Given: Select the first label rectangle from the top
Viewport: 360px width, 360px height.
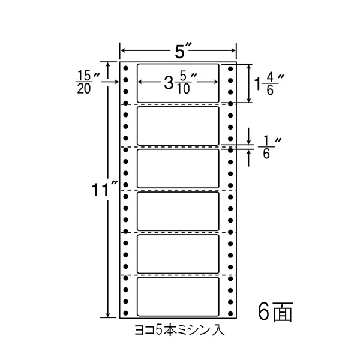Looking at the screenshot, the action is (x=178, y=82).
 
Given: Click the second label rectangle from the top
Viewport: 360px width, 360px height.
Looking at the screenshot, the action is (x=178, y=125).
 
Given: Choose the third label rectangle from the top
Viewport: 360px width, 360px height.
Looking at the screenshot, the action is (x=178, y=169).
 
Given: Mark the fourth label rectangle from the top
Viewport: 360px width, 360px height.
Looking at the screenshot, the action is (x=178, y=211).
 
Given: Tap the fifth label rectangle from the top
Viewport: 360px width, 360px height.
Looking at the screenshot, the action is (x=178, y=254).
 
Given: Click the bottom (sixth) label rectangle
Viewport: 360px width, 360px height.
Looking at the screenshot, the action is (x=178, y=296).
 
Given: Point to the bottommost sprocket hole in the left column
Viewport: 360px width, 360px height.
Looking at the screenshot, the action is (x=126, y=311).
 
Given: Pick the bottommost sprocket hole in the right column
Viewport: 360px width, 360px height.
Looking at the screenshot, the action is (x=230, y=311).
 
